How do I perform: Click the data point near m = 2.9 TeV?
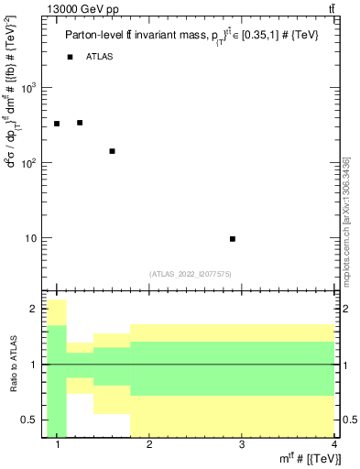click(x=233, y=239)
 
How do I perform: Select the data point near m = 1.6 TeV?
click(x=112, y=151)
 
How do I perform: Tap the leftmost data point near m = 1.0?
click(x=57, y=124)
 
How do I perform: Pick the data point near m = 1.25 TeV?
click(x=80, y=123)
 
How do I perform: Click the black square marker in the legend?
click(x=70, y=57)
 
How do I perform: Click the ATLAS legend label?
click(x=101, y=57)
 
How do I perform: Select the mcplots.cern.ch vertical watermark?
click(x=346, y=220)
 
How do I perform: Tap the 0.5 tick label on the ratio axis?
click(x=30, y=420)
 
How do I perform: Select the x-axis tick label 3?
click(x=241, y=446)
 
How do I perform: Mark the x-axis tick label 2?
click(x=149, y=446)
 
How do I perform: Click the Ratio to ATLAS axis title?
click(x=11, y=366)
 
